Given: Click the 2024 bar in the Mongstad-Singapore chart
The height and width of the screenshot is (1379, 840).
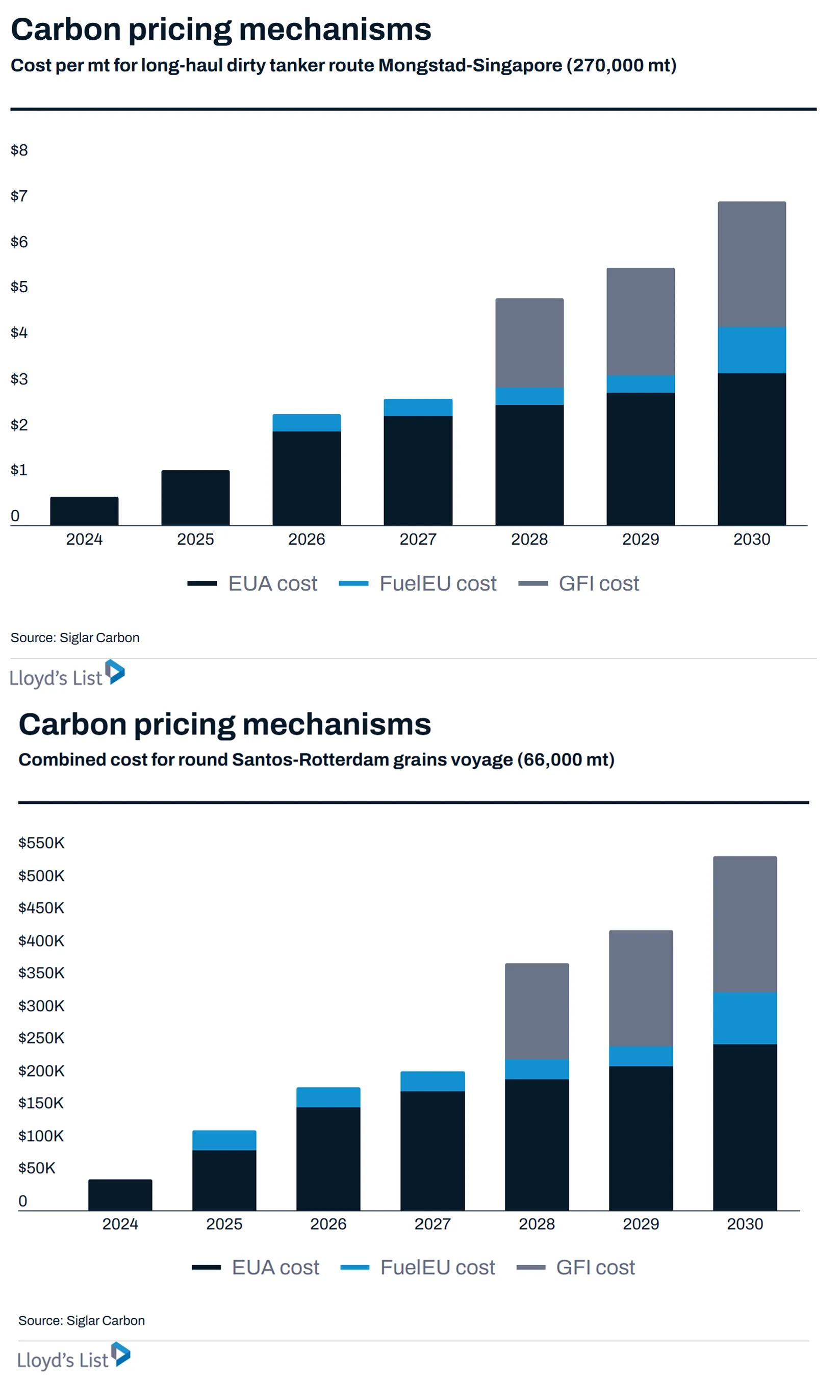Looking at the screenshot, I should click(85, 511).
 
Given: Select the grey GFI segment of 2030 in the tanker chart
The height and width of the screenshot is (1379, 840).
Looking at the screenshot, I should click(752, 264).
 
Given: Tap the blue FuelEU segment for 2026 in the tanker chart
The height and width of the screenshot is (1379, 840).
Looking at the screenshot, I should click(307, 423).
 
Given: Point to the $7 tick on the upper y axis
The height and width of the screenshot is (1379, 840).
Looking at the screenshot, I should click(19, 196).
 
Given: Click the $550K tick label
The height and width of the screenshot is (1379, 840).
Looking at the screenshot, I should click(41, 843).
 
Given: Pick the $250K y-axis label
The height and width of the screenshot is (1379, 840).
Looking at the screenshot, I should click(41, 1038).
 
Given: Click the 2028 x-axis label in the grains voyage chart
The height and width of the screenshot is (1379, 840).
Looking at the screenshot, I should click(537, 1224).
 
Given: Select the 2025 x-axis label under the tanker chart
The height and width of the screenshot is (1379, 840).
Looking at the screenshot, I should click(195, 539).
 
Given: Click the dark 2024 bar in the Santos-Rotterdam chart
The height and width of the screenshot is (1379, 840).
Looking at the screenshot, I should click(120, 1195).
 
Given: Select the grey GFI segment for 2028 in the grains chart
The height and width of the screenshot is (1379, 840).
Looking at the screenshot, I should click(537, 1011).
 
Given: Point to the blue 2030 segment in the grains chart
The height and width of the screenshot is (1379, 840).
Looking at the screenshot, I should click(745, 1018).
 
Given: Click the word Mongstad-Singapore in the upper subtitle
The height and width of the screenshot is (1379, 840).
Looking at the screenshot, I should click(470, 65).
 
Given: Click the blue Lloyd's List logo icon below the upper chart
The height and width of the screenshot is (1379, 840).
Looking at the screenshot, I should click(115, 672).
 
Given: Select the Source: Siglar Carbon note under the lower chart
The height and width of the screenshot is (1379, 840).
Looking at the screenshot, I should click(82, 1321).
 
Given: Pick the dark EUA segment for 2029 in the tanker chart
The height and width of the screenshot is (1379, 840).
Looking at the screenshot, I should click(641, 459).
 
